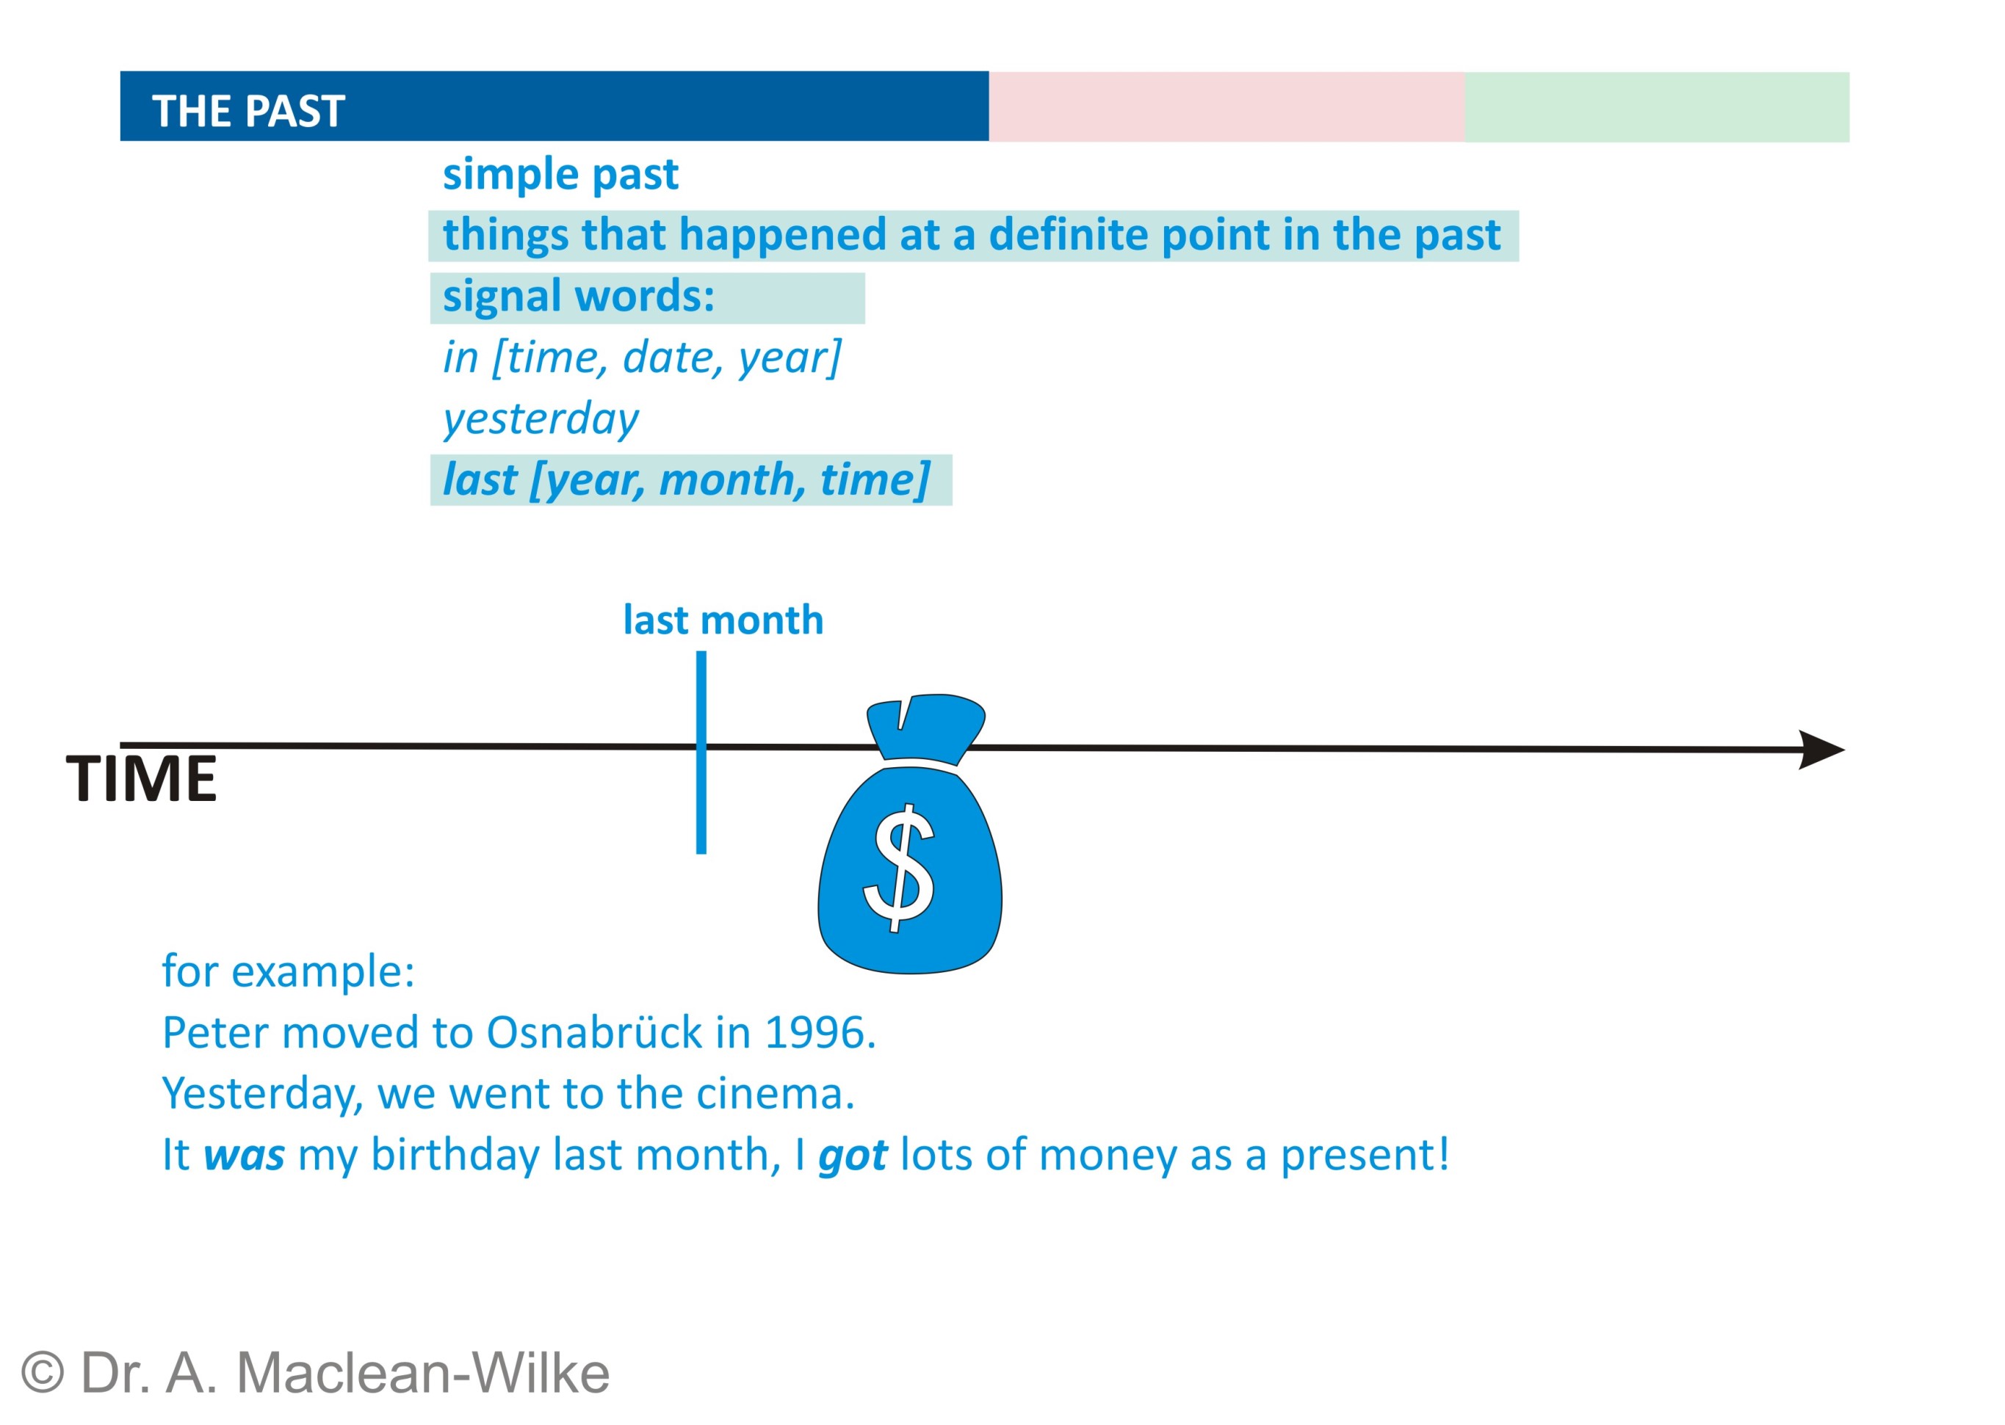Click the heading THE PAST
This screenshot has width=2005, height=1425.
(248, 112)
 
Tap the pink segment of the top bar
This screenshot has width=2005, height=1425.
(1227, 106)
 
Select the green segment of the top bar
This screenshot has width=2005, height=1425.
(1656, 107)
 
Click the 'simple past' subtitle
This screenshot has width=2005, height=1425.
(560, 175)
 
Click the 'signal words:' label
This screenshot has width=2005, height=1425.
(579, 297)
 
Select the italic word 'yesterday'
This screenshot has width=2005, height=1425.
(541, 419)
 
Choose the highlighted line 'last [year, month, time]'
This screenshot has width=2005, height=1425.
(686, 480)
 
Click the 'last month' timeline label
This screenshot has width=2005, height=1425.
(723, 620)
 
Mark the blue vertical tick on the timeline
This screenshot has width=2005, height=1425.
(701, 752)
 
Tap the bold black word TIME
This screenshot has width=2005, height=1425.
(141, 778)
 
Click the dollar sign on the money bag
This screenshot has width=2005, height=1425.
(899, 868)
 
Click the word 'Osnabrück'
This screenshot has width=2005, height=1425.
(594, 1033)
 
